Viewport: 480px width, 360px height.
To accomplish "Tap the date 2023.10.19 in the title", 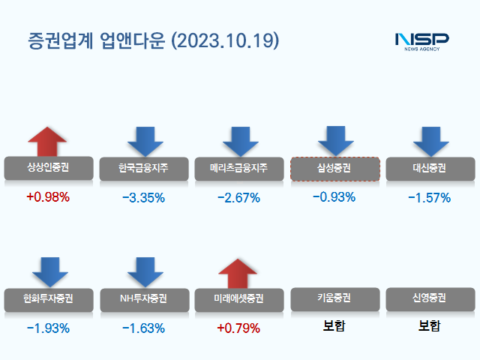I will pos(226,40).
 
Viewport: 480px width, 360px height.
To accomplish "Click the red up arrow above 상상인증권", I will pos(47,142).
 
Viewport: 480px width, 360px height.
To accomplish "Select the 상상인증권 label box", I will pos(47,168).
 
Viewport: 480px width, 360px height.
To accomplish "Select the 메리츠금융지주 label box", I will pos(238,168).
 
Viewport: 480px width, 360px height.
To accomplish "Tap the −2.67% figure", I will pos(238,198).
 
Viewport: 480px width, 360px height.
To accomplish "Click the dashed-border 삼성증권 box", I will pos(334,168).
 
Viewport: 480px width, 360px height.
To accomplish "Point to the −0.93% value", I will pos(334,197).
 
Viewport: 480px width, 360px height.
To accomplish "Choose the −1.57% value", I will pos(430,198).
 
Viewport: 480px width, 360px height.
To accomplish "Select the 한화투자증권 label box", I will pos(47,299).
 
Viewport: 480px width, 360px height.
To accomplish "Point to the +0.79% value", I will pos(238,328).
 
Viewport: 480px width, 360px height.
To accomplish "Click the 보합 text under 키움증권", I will pos(334,327).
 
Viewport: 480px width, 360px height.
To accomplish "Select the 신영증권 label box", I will pos(430,299).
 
